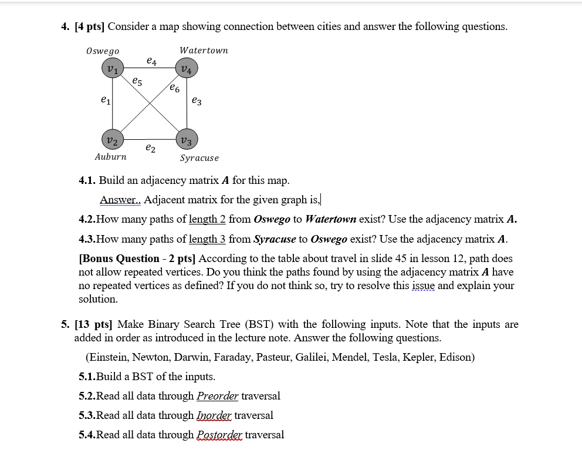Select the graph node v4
[187, 70]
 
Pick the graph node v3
[187, 139]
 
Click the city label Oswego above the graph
[103, 51]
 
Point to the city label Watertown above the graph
[204, 51]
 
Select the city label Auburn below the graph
[110, 157]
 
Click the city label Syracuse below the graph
[199, 158]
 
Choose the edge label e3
[197, 102]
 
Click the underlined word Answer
[120, 200]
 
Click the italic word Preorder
[217, 396]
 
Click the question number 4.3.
[87, 239]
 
